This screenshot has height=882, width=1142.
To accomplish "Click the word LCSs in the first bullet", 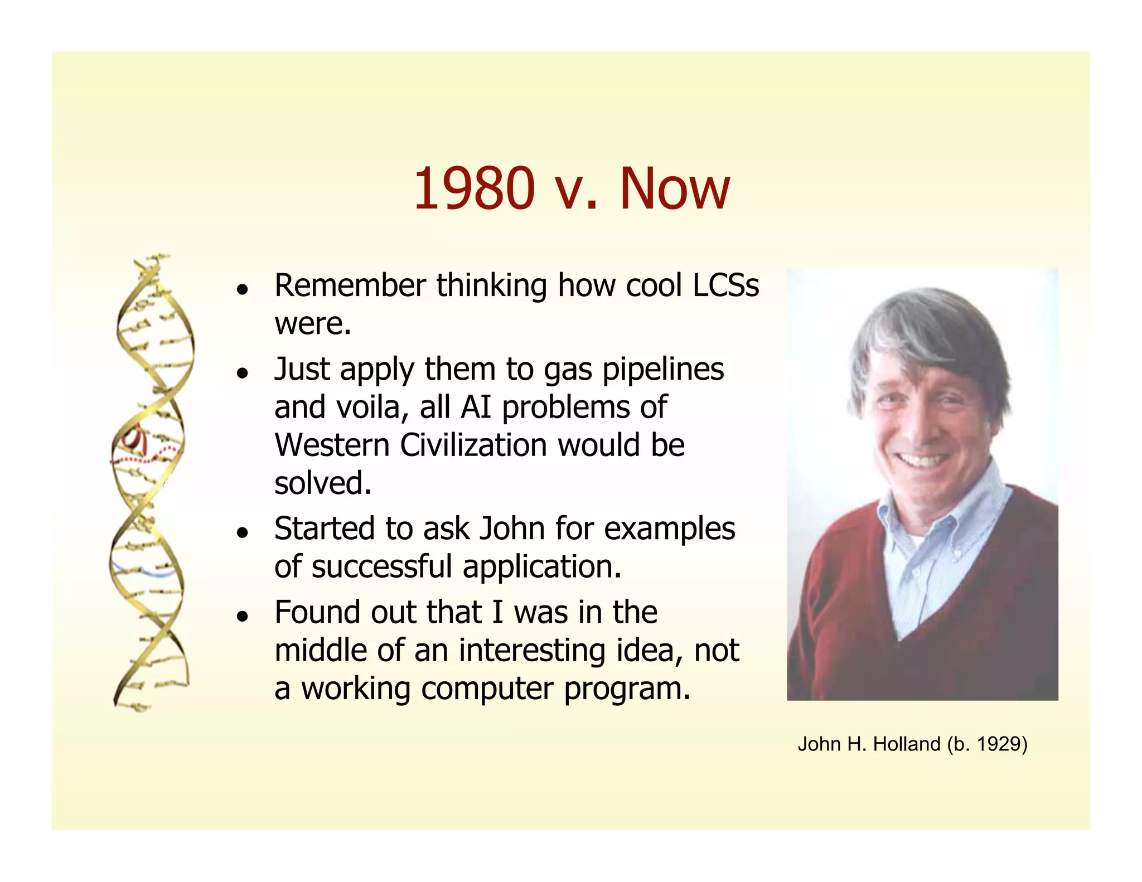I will coord(725,285).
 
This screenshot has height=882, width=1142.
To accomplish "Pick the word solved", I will coord(322,483).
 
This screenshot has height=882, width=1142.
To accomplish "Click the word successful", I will coord(382,566).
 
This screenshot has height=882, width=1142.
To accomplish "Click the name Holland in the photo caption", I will coord(906,744).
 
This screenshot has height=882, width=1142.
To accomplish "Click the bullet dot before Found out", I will coord(242,616).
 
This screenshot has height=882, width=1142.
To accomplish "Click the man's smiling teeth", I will coord(922,461).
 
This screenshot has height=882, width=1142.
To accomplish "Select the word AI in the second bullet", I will coord(476,407).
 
